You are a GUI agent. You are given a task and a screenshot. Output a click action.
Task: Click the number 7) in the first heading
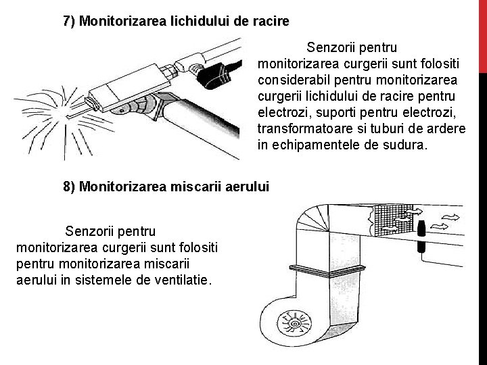pos(70,21)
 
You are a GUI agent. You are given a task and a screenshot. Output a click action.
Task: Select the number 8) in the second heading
pos(70,186)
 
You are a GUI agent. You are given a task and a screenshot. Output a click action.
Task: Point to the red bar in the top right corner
pos(482,34)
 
